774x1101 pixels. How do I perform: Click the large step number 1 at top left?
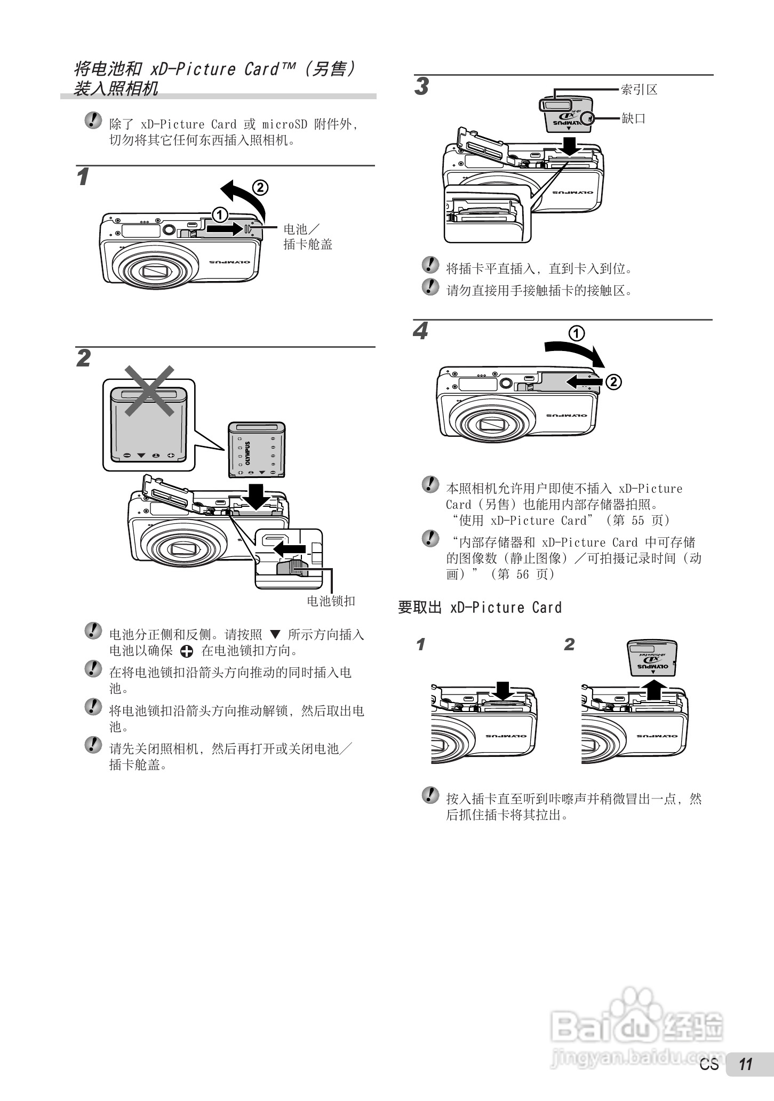[x=83, y=177]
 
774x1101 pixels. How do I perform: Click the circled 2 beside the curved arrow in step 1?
[x=260, y=187]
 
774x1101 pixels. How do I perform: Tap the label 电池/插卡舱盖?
[x=308, y=237]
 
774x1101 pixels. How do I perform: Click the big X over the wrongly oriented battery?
[x=149, y=390]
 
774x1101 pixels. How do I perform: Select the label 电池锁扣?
[x=331, y=601]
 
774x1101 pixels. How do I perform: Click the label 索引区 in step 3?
[x=639, y=90]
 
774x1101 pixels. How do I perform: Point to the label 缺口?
[x=634, y=118]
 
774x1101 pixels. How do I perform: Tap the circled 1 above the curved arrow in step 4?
[x=577, y=333]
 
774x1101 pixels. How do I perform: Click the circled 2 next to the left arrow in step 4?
[x=613, y=382]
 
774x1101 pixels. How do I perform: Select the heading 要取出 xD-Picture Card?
[x=480, y=608]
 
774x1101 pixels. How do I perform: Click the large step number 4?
[x=421, y=332]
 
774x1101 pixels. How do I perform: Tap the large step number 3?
[x=421, y=86]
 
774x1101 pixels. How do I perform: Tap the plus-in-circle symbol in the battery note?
[x=187, y=651]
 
